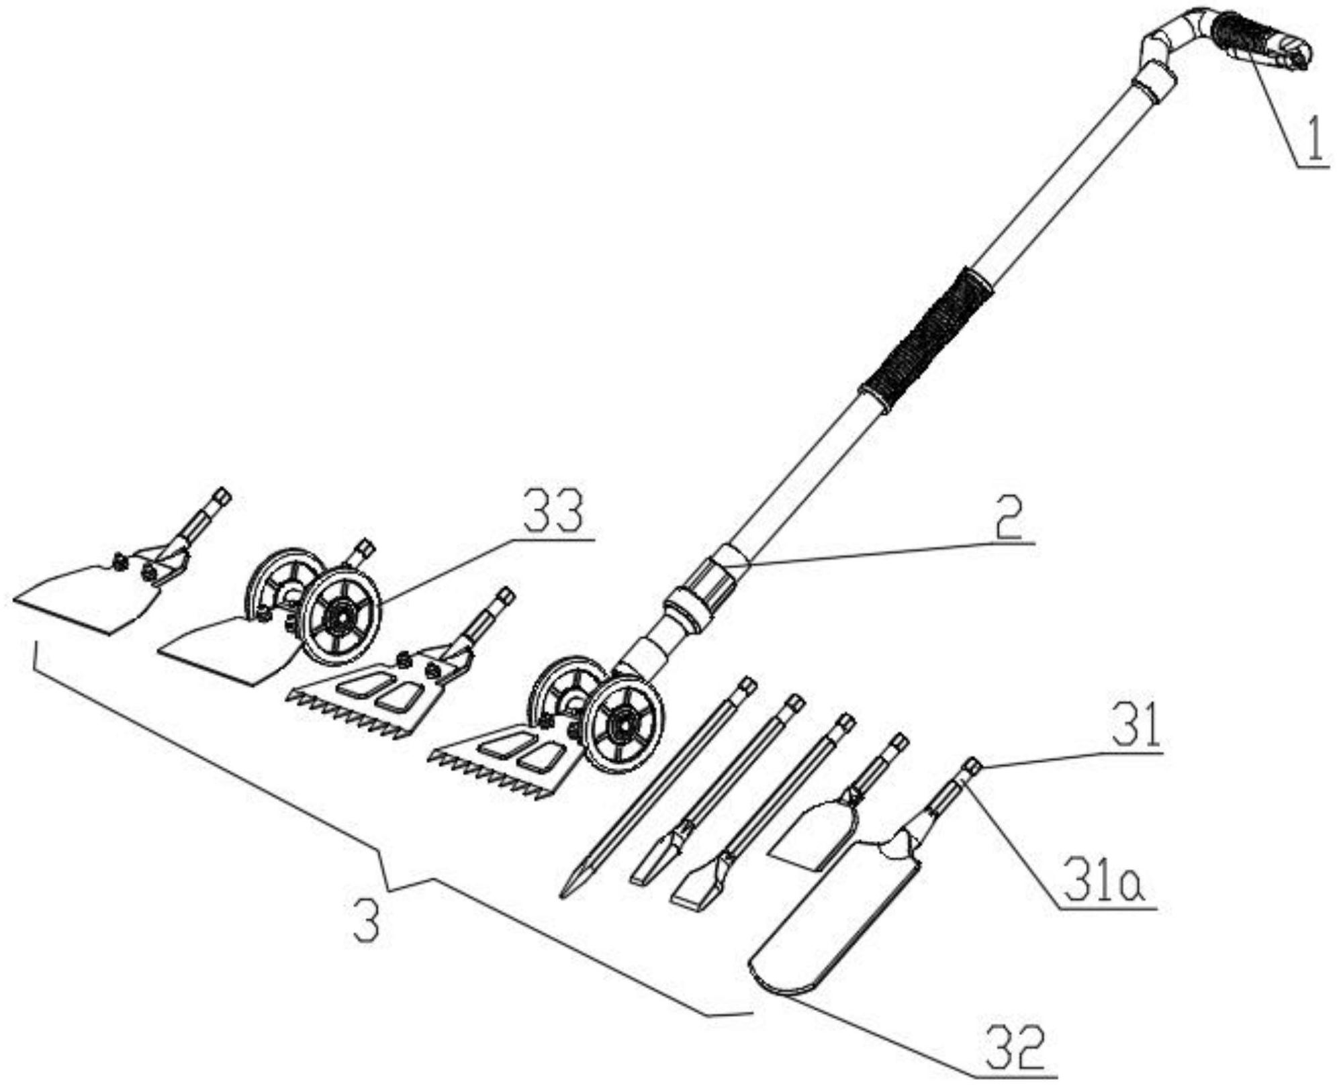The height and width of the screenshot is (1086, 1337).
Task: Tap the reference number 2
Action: coord(1009,517)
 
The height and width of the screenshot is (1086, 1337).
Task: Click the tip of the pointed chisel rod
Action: coord(563,897)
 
